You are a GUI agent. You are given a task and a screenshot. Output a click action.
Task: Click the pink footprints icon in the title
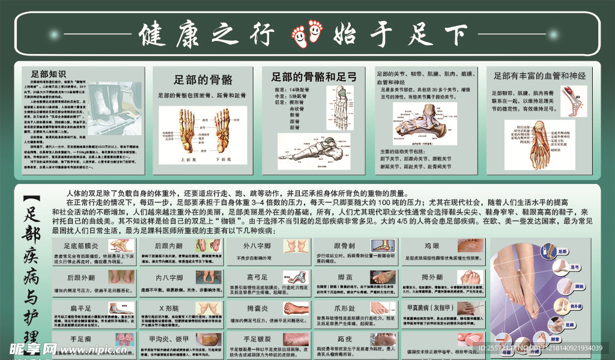point(306,35)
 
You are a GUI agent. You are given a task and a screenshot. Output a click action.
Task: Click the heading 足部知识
point(47,72)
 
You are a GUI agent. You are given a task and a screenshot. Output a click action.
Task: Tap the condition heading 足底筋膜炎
point(83,246)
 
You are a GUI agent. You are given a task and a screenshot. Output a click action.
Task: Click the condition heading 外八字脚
point(256,246)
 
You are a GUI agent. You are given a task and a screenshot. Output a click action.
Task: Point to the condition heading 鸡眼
point(432,246)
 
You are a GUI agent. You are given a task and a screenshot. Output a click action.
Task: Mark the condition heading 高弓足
point(256,277)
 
